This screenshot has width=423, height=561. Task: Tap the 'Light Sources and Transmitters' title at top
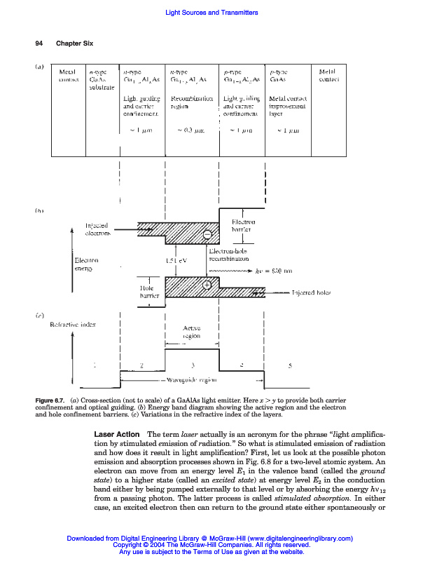211,13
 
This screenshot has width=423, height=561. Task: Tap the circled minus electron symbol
207,235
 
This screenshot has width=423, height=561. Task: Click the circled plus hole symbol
207,285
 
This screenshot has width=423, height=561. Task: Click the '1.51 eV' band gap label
176,261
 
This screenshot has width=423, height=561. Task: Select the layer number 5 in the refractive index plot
291,365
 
